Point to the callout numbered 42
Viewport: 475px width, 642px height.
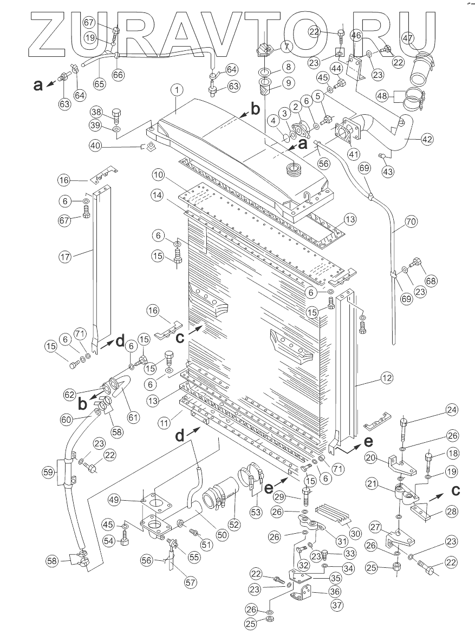(427, 139)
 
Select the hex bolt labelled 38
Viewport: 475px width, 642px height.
(116, 115)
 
